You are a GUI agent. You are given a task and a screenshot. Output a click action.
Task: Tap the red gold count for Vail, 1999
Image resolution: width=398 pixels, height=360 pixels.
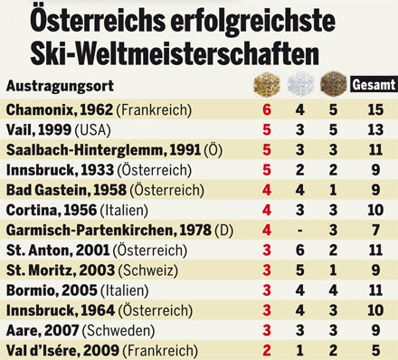(x=267, y=129)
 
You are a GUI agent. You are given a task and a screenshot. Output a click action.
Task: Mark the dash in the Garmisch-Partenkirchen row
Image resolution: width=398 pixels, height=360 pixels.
(x=299, y=228)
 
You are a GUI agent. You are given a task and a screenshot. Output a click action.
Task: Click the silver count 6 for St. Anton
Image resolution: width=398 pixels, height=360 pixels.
(x=299, y=248)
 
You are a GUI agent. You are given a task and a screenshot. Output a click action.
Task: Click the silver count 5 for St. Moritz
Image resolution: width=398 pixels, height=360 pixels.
(x=299, y=268)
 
